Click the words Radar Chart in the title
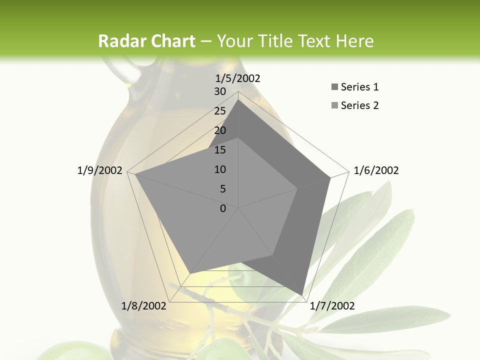coord(146,41)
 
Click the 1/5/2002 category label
coord(238,78)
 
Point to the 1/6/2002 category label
coord(376,170)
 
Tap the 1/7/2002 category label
coord(332,306)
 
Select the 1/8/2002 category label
coord(144,306)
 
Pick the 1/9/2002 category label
coord(100,170)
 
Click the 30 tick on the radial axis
coord(220,91)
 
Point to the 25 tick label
coord(220,111)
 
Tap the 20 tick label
coord(220,130)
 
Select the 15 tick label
coord(220,150)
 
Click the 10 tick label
coord(220,169)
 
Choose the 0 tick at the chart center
coord(223,208)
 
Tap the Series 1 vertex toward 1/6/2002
coord(330,177)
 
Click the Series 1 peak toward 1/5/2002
coord(238,99)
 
